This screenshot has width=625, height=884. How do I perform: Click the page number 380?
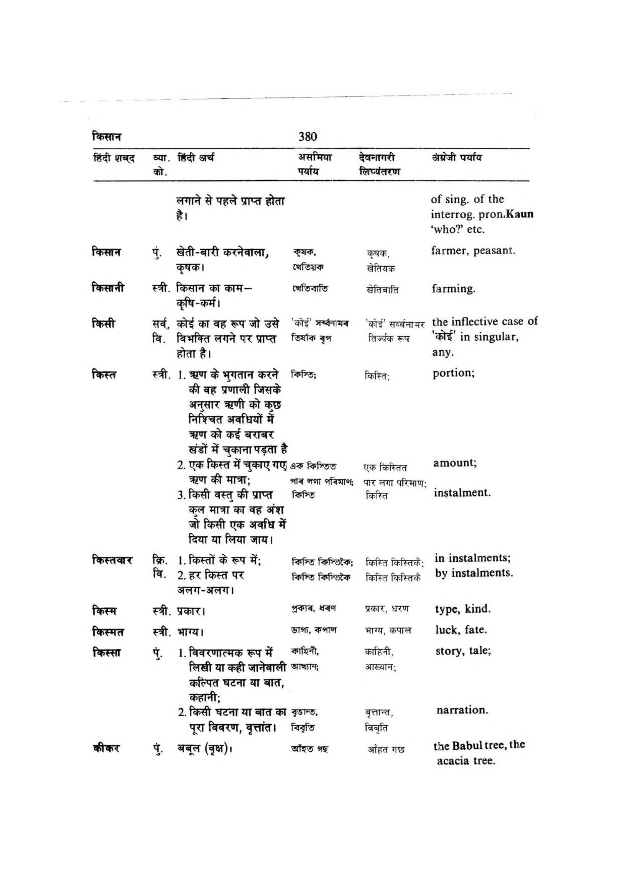[x=307, y=137]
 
